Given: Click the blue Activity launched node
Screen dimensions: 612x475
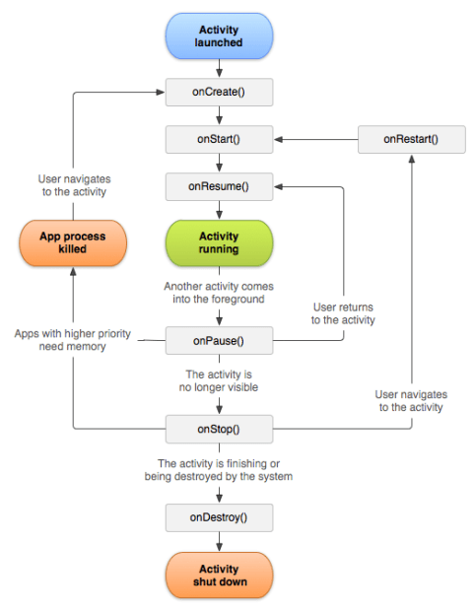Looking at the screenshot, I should click(218, 36).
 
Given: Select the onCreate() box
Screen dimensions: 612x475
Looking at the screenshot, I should click(218, 93).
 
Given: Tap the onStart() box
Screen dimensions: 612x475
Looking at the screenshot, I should click(218, 139).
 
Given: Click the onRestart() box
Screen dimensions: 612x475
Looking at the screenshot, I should click(411, 139).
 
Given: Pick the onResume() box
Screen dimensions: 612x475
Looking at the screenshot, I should click(218, 185).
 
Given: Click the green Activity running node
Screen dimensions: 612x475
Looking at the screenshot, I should click(218, 242).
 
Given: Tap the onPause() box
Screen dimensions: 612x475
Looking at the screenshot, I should click(218, 342).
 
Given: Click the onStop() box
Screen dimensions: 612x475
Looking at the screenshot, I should click(218, 429).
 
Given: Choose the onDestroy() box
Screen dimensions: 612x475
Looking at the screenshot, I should click(218, 516).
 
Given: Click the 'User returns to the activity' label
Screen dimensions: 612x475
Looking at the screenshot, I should click(343, 312).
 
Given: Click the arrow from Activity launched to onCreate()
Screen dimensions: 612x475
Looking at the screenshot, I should click(218, 69).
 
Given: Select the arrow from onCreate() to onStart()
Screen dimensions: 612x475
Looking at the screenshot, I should click(218, 115).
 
